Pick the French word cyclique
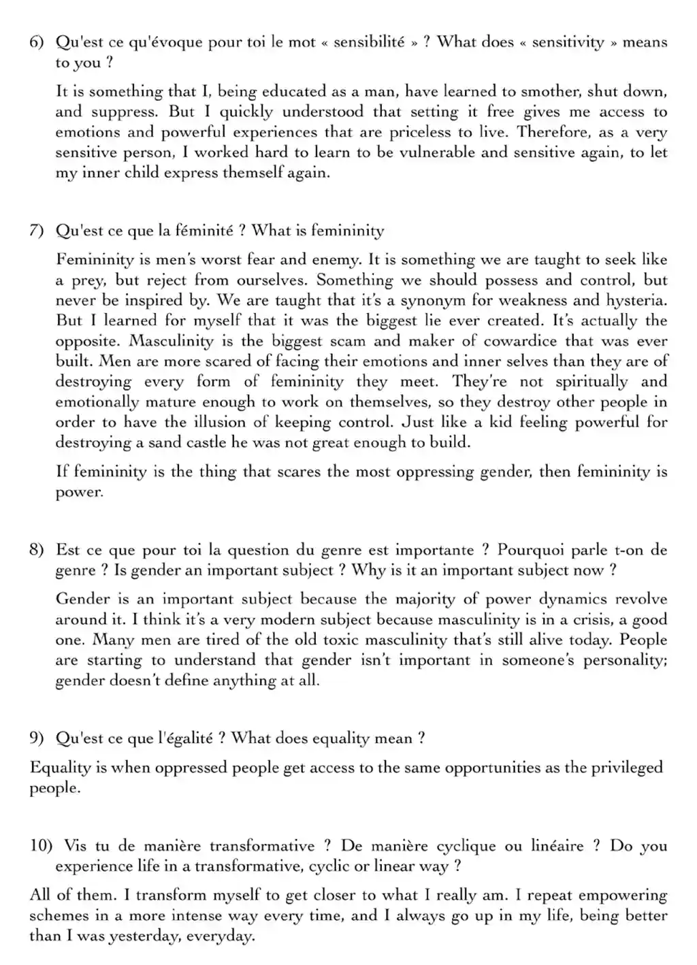coord(466,846)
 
